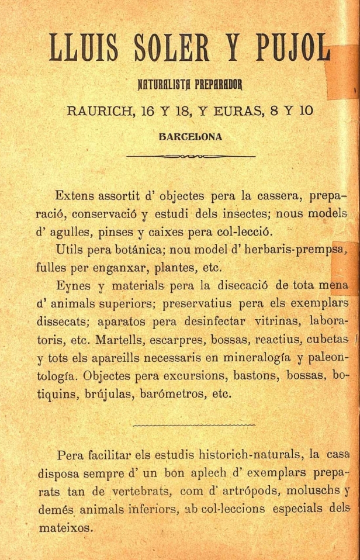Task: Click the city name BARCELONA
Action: tap(191, 138)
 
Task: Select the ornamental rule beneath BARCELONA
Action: tap(191, 156)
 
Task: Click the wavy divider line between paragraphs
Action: tap(194, 424)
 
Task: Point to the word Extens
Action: tap(78, 195)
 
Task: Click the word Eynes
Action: tap(73, 286)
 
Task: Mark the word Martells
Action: tap(136, 340)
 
